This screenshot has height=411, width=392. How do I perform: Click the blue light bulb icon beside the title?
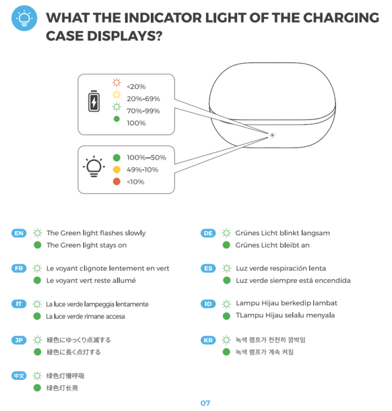point(24,19)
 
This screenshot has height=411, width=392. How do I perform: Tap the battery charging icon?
point(93,103)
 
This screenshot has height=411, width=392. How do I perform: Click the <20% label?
point(136,87)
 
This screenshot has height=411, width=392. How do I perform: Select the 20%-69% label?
point(143,99)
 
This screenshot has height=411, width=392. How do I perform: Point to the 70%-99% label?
point(143,111)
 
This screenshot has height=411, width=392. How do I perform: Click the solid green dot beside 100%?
point(117,119)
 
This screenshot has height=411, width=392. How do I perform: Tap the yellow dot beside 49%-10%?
point(117,170)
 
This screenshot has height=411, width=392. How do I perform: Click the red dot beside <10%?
point(117,181)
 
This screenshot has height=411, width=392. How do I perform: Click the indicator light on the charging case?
point(273,135)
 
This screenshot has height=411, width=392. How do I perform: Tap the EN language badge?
point(18,233)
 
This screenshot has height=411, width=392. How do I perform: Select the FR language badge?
point(18,268)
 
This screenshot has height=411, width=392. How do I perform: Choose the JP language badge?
point(18,340)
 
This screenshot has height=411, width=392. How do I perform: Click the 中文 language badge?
point(18,375)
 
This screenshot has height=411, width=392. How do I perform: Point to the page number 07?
point(205,403)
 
